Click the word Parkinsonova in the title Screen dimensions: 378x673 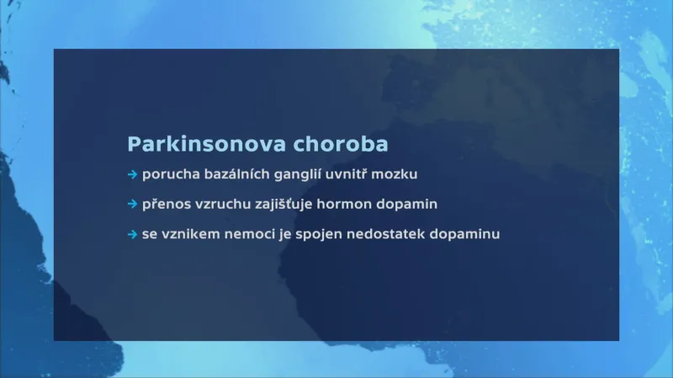[x=206, y=144]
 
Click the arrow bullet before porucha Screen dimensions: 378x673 [x=132, y=175]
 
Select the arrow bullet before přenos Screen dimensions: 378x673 [x=132, y=205]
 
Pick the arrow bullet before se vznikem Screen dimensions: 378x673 [x=132, y=234]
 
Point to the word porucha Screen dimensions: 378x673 [x=167, y=175]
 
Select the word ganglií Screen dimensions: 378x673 [x=290, y=175]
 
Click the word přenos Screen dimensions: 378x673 [x=165, y=205]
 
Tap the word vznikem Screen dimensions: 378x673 [x=187, y=234]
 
